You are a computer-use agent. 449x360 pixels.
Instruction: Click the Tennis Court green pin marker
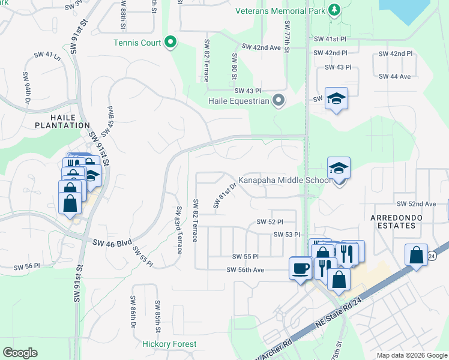click(170, 42)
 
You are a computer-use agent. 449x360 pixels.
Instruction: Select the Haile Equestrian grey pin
click(278, 100)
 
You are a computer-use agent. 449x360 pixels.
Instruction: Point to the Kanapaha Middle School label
click(285, 179)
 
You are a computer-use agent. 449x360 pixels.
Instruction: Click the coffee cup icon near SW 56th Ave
click(300, 268)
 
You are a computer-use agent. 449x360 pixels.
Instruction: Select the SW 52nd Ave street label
click(414, 203)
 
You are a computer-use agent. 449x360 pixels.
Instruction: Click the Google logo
click(20, 353)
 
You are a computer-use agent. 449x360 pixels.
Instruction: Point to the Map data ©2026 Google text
click(412, 355)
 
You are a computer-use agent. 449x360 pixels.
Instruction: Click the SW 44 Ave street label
click(394, 76)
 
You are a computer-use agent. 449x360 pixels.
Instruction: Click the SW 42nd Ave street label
click(261, 47)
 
